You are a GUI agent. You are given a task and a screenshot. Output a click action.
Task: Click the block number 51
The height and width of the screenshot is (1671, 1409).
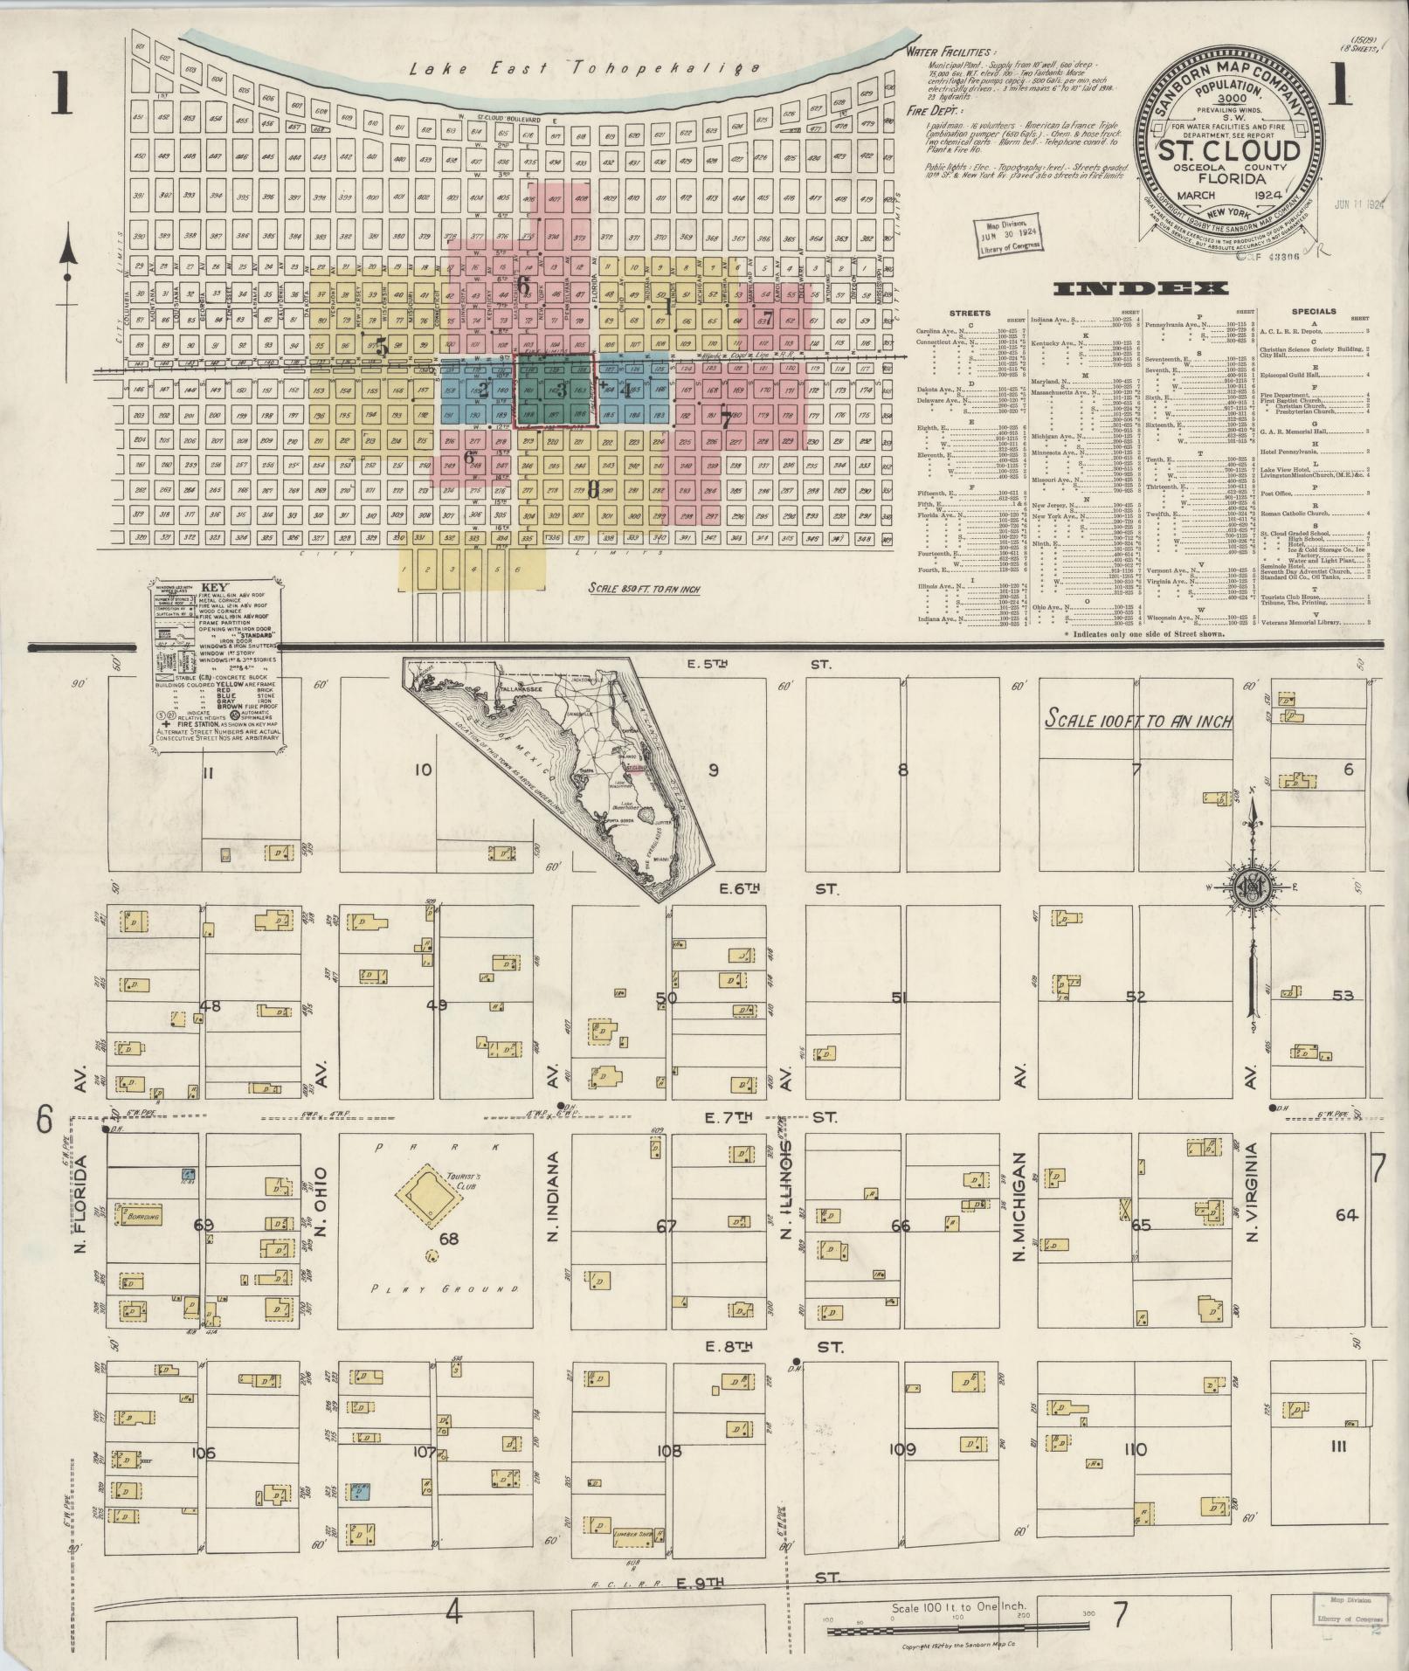tap(901, 997)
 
